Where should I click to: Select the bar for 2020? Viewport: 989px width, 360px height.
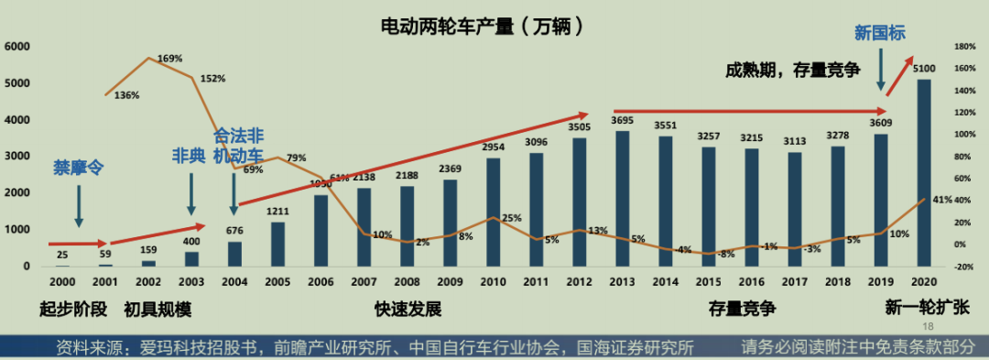924,173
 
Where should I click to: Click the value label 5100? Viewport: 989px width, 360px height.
924,69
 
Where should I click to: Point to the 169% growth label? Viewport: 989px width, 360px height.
170,59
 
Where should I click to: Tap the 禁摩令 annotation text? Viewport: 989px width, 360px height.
79,167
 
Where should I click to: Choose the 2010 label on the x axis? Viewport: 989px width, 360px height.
494,282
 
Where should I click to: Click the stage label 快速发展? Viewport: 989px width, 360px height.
408,309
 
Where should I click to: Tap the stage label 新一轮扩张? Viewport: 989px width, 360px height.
927,308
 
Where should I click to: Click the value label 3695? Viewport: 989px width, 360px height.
622,120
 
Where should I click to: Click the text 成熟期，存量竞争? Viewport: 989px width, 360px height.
793,70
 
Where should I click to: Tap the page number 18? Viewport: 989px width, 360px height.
927,327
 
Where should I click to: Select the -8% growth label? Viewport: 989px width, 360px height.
726,255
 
